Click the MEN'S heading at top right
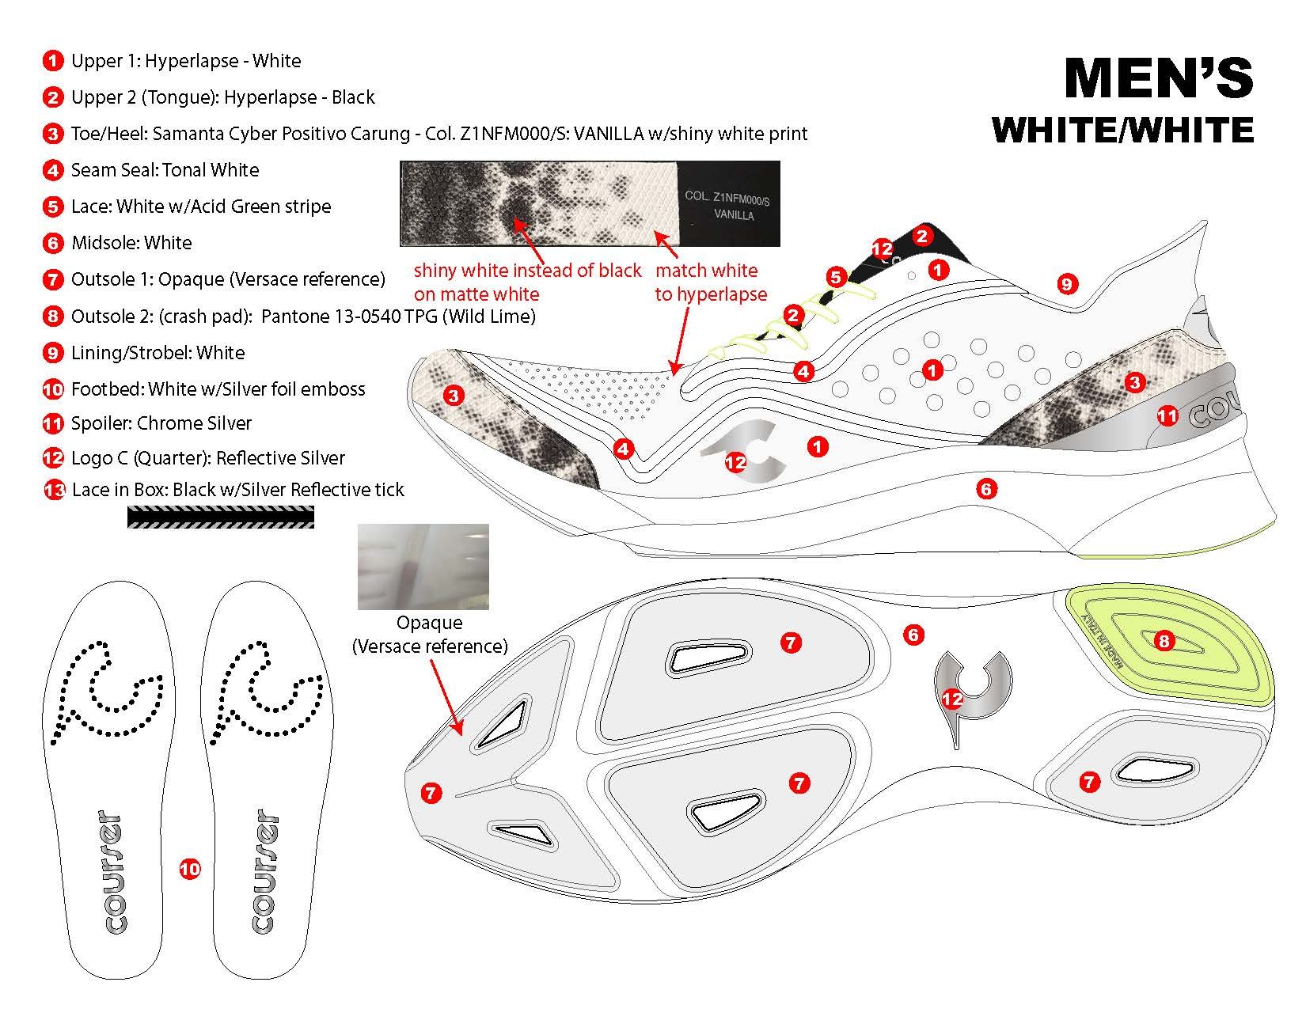1158,78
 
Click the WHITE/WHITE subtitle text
1122,130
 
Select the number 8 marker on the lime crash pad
1163,641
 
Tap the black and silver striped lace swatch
221,517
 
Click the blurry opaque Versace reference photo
423,567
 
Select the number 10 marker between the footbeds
190,870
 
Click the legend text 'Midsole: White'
131,243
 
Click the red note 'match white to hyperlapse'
710,282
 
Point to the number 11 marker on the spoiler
1167,416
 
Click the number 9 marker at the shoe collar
1067,283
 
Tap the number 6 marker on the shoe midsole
986,489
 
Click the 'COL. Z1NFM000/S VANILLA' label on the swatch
727,205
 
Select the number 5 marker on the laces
836,277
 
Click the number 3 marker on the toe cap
454,395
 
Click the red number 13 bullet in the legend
54,491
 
